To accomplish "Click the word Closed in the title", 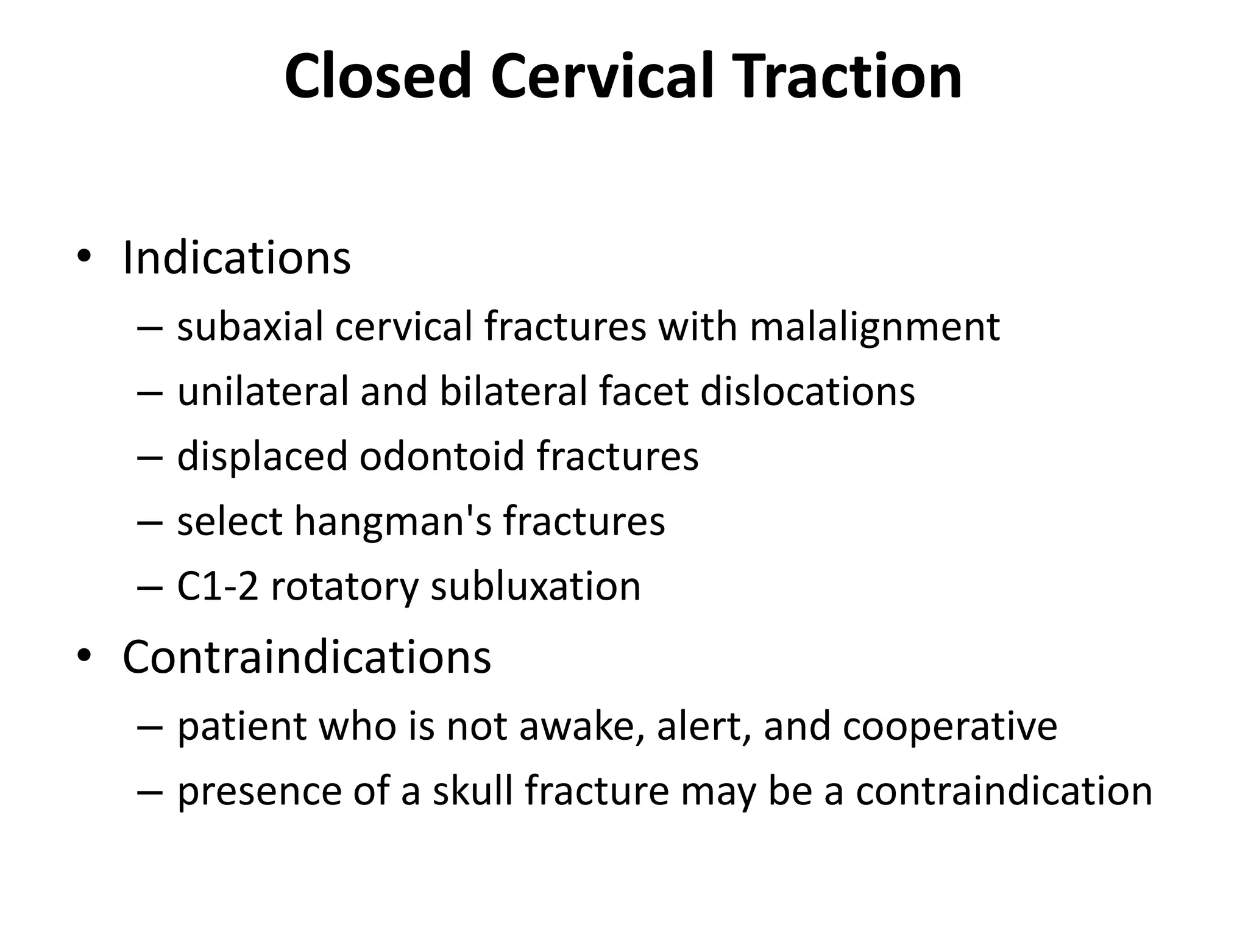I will point(378,77).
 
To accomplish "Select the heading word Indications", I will point(236,258).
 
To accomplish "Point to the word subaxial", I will point(250,327).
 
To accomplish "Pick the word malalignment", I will point(874,328).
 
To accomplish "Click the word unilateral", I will point(262,391).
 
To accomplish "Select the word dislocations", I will point(807,391).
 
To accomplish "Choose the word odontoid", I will point(442,456).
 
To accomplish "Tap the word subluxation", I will point(536,586).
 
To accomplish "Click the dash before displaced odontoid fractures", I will point(150,457).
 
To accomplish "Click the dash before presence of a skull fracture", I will point(150,793).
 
